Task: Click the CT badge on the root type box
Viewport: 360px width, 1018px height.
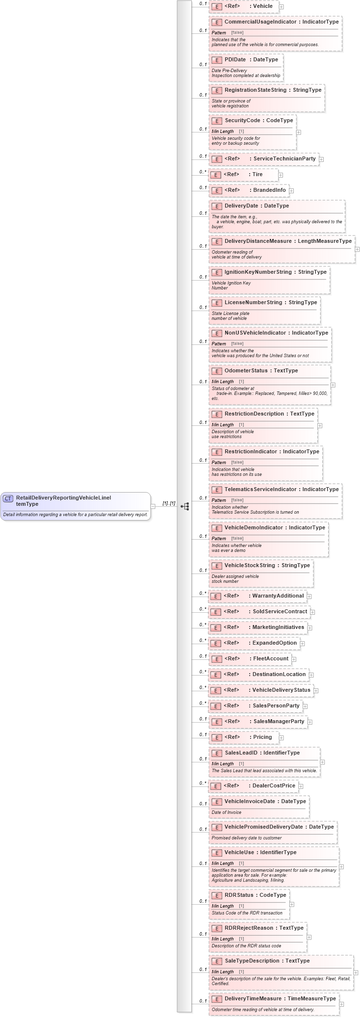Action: point(8,498)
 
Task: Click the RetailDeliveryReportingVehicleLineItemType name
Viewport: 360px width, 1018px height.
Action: point(63,500)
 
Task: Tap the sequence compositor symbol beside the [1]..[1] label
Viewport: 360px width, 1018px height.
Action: point(185,506)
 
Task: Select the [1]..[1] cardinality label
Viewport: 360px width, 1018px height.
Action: point(169,503)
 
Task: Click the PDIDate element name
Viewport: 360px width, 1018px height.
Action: point(235,60)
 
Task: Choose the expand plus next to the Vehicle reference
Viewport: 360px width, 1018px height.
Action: point(281,7)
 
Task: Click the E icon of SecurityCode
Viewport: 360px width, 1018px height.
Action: point(217,121)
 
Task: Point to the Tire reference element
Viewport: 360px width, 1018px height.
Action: point(257,175)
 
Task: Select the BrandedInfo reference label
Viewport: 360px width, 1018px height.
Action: point(269,190)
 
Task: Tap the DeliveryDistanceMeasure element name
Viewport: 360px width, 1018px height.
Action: point(258,241)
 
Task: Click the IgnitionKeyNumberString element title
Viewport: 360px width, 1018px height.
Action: point(257,272)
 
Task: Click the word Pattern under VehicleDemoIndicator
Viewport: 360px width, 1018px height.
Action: point(219,538)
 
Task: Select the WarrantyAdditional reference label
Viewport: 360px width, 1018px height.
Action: point(278,596)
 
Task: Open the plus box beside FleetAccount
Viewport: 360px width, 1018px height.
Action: point(294,659)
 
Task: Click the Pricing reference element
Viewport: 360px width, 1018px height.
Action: point(262,737)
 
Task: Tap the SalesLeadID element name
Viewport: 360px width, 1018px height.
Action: point(241,753)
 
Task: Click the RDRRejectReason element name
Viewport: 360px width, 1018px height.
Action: point(249,928)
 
